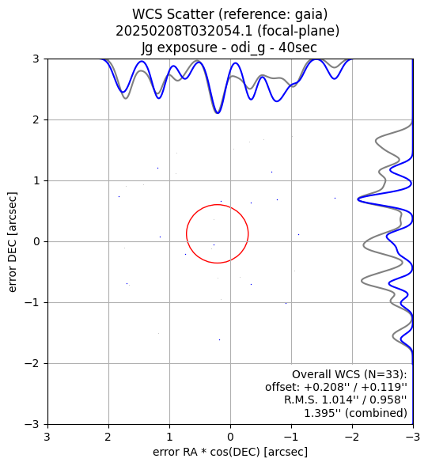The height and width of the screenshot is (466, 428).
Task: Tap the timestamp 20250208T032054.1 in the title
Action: [x=184, y=31]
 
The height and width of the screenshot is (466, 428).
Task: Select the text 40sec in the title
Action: [x=297, y=47]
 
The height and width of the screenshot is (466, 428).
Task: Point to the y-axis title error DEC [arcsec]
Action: [x=12, y=242]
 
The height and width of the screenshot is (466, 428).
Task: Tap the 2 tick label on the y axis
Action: [x=36, y=119]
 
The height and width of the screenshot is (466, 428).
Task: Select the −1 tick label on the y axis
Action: [x=32, y=302]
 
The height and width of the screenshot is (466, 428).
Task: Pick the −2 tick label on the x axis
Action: [x=353, y=437]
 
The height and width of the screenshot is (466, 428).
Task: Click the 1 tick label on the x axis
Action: [x=169, y=437]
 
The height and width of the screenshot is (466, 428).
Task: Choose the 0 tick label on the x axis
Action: [x=230, y=437]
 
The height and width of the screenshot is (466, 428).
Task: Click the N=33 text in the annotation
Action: [x=385, y=374]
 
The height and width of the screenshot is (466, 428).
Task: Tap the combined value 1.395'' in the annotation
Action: [x=323, y=412]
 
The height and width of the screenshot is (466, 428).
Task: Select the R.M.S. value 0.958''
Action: [x=387, y=400]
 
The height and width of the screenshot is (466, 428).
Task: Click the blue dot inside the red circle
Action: [x=214, y=245]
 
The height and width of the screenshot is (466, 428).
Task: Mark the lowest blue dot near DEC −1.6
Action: [x=219, y=339]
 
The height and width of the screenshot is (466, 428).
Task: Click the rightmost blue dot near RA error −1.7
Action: [x=335, y=198]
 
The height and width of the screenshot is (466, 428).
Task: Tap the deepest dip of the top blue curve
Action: [x=218, y=113]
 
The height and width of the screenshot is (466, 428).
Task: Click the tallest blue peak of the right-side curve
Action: [x=359, y=199]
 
